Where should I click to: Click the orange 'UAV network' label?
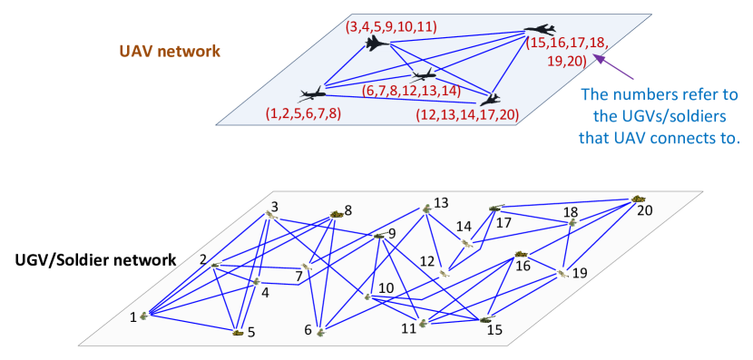(170, 52)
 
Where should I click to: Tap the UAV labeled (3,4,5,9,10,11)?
(376, 44)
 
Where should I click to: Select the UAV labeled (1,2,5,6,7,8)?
(311, 93)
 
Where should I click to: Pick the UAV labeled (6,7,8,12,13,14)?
(423, 74)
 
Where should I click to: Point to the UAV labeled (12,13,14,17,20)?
(490, 98)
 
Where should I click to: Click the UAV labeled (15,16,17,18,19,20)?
(540, 30)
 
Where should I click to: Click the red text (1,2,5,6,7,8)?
(303, 113)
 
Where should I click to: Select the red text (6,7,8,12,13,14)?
(411, 91)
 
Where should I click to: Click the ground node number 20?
(644, 210)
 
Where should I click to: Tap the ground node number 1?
(133, 316)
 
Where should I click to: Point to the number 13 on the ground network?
(441, 202)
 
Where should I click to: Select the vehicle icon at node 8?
(336, 214)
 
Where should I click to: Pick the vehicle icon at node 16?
(521, 254)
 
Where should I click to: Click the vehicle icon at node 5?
(238, 332)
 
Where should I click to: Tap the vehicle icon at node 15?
(485, 319)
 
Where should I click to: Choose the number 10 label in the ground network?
(386, 288)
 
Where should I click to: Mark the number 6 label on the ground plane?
(308, 330)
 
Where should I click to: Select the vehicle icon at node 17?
(495, 208)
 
